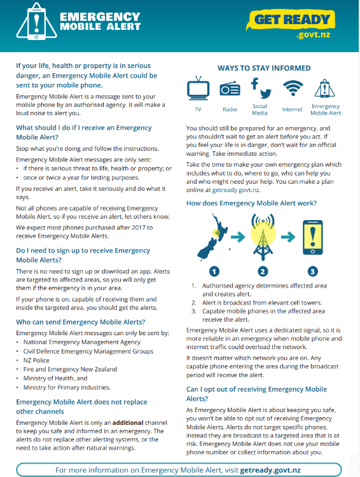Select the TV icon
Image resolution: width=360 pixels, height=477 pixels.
pos(198,88)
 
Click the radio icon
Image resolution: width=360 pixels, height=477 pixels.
pos(230,89)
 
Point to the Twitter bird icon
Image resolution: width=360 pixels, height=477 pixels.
pos(266,93)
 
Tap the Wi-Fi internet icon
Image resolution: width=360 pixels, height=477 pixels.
pos(293,88)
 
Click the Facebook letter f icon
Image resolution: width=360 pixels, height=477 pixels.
pos(254,84)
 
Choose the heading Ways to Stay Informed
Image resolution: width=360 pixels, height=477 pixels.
pos(264,68)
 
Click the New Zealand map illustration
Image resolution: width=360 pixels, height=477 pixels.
pos(213,237)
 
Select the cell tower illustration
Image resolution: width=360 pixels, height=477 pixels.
pos(263,237)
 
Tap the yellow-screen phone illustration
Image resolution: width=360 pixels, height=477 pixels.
pos(312,237)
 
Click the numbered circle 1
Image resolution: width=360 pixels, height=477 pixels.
pos(214,272)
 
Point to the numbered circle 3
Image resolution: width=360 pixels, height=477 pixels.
pos(312,272)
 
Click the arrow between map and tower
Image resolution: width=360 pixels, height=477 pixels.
pos(238,237)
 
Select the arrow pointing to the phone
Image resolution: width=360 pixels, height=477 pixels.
pos(288,237)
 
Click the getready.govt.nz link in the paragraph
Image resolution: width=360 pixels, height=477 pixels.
pos(236,190)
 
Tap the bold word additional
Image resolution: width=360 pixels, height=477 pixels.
pos(128,422)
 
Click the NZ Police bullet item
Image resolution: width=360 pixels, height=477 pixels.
pos(36,361)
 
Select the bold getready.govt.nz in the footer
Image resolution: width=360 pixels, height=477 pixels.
pos(270,470)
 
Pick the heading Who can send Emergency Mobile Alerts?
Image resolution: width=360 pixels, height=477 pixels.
pos(81,322)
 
